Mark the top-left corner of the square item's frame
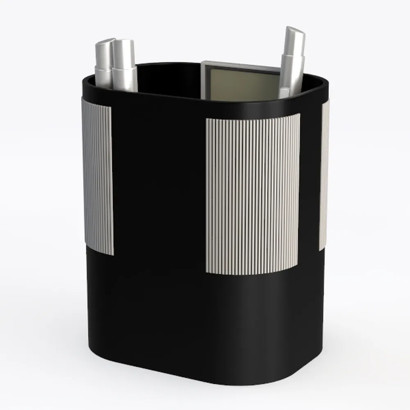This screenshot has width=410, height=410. click(x=203, y=63)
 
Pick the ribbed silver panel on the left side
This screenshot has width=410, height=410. click(x=98, y=176)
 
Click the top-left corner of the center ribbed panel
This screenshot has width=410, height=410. click(x=207, y=120)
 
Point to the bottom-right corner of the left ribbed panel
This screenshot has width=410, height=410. click(x=113, y=255)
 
